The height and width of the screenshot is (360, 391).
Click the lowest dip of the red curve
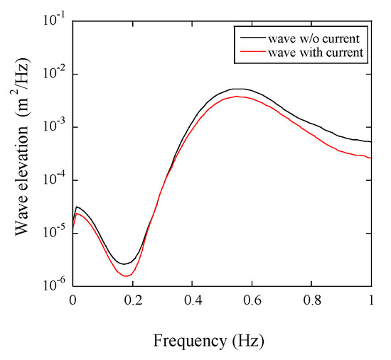pyautogui.click(x=127, y=276)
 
